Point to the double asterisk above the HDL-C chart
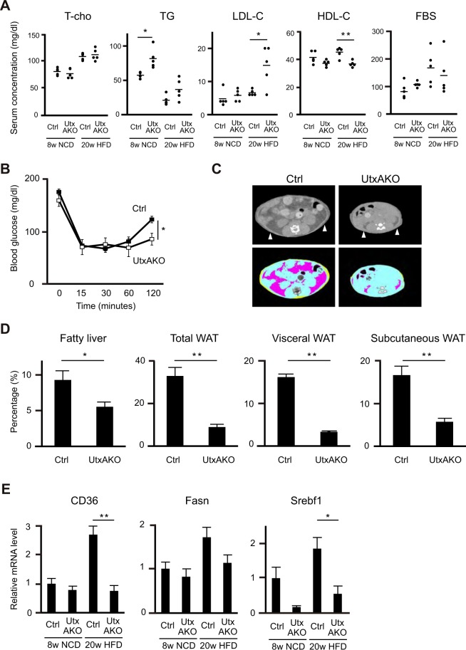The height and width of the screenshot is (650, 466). [x=328, y=33]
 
